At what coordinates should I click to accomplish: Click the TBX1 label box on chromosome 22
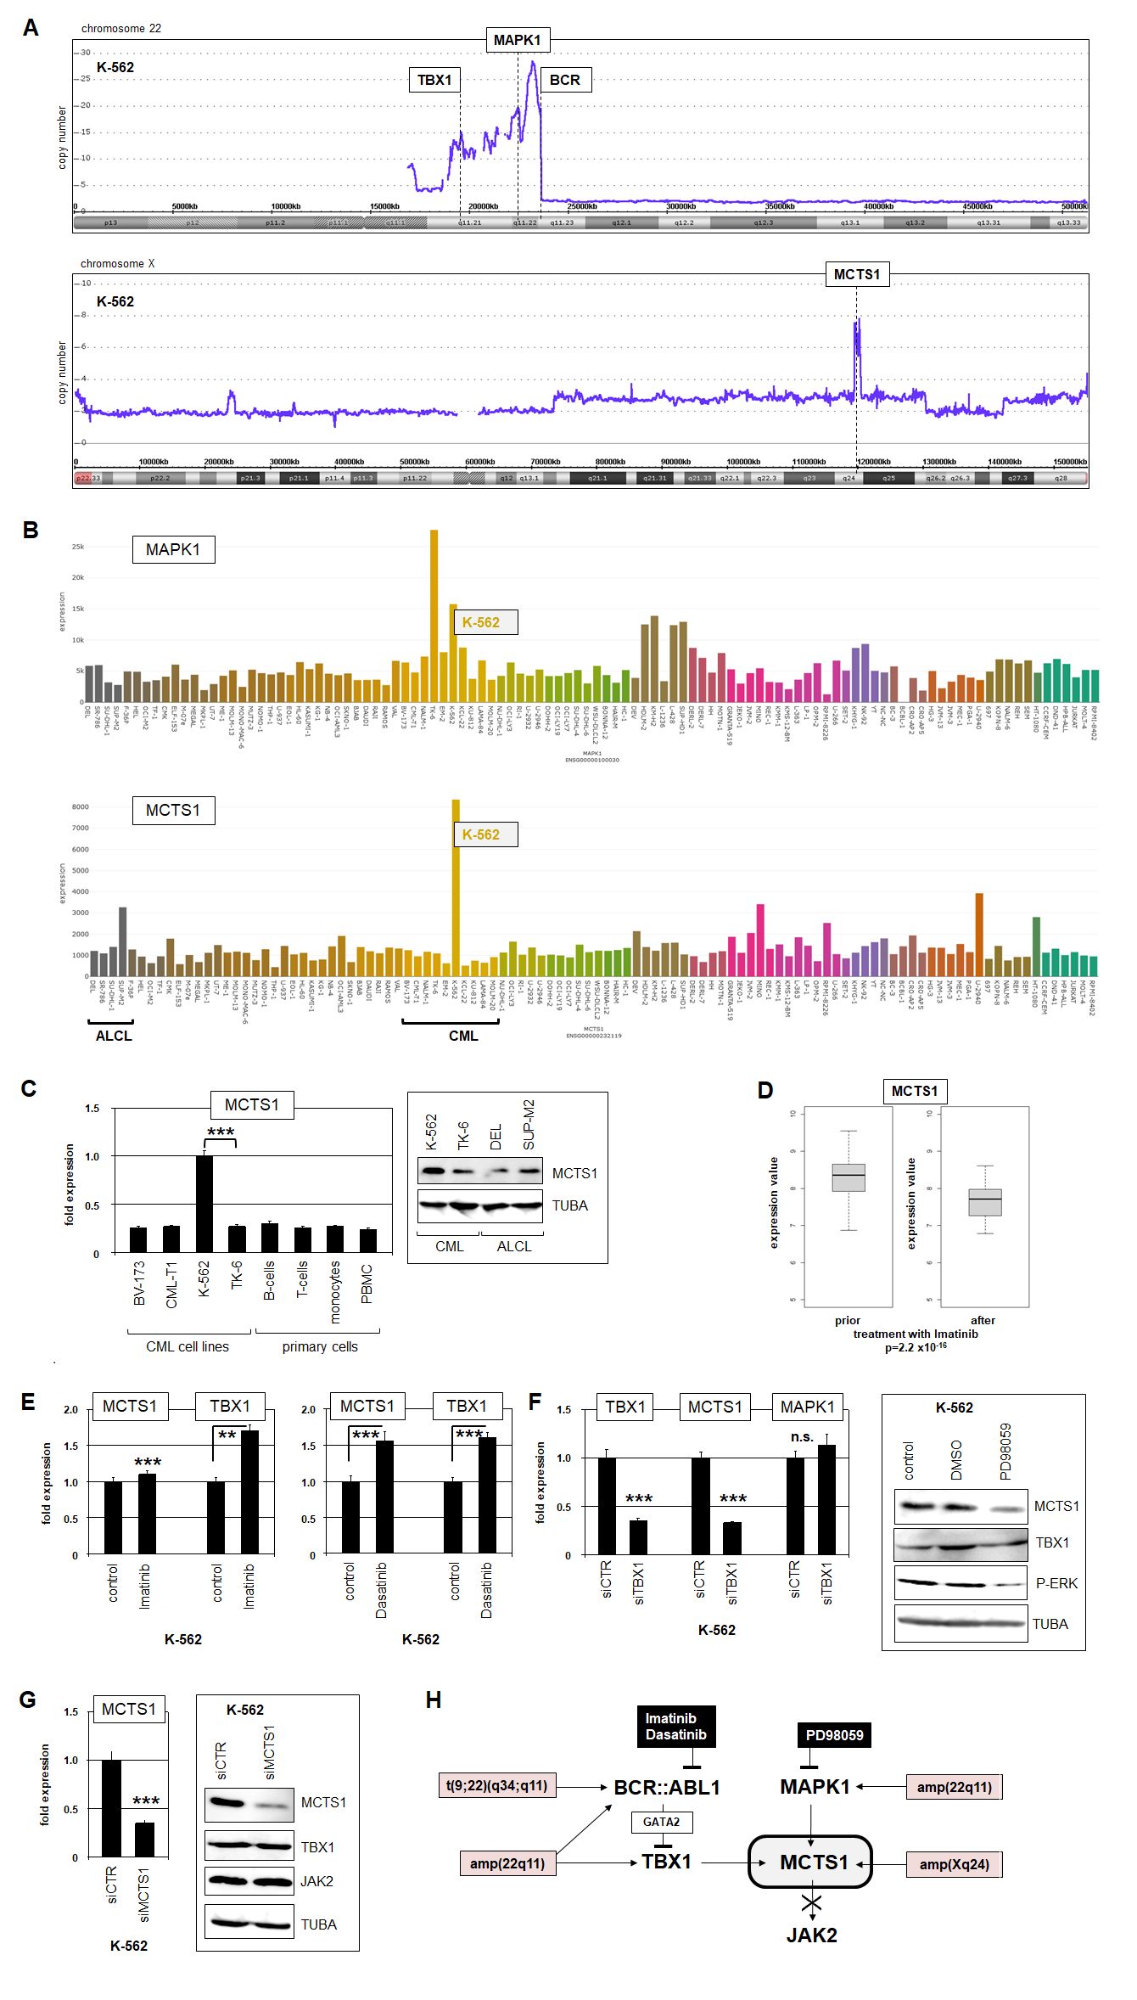tap(434, 80)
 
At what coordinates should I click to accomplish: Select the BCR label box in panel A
tap(564, 80)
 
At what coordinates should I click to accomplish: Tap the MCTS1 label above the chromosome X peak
tap(857, 274)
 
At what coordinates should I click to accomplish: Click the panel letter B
tap(31, 530)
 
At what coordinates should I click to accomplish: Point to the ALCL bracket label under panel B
tap(114, 1036)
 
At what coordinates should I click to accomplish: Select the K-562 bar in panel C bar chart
tap(204, 1203)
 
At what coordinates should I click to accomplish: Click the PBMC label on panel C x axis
tap(367, 1284)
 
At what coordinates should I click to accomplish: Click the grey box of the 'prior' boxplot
tap(849, 1177)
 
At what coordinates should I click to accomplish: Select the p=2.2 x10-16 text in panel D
tap(916, 1347)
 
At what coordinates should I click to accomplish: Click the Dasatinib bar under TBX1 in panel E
tap(487, 1495)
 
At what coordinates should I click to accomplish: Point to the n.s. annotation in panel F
tap(802, 1436)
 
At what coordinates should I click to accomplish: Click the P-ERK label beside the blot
tap(1056, 1583)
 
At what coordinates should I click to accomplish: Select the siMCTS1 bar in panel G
tap(145, 1840)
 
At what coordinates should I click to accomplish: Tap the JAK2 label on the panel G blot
tap(316, 1881)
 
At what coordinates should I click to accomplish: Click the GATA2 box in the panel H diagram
tap(661, 1822)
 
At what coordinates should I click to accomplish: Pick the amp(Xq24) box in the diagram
tap(955, 1864)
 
